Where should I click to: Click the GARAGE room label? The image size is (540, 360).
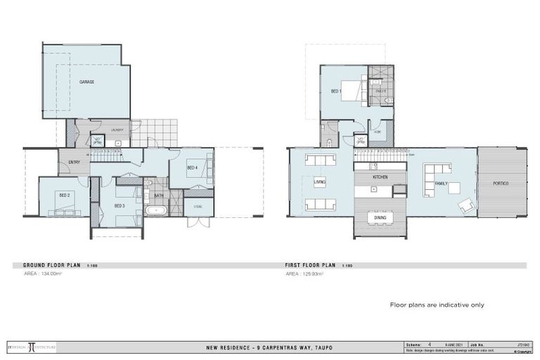tap(87, 82)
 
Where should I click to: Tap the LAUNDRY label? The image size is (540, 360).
tap(117, 129)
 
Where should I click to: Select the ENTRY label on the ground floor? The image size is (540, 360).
tap(74, 162)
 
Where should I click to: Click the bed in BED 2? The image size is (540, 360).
tap(65, 206)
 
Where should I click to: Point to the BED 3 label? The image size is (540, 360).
tap(119, 205)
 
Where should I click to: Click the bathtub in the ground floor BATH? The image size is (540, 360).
tap(155, 210)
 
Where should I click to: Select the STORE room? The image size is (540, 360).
tap(198, 207)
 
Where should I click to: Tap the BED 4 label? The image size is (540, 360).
tap(192, 167)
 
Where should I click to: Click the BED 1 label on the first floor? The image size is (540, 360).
tap(337, 91)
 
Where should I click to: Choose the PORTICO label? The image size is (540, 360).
tap(501, 184)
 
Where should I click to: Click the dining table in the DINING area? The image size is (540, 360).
tap(380, 217)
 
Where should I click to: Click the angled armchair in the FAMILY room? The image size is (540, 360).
tap(465, 205)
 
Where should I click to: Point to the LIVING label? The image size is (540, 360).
tap(319, 181)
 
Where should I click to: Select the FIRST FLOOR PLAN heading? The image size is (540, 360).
tap(309, 265)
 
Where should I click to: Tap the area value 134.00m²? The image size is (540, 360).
tap(43, 273)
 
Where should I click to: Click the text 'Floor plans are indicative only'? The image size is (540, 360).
tap(437, 305)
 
